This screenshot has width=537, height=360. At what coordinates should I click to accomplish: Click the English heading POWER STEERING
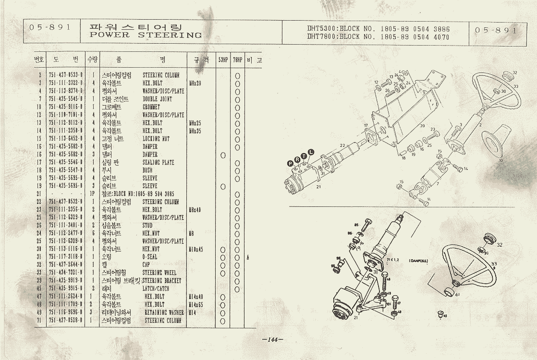(x=146, y=36)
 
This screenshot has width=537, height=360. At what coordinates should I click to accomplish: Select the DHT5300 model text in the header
(x=322, y=28)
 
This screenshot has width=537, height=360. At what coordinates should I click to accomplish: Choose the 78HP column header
(x=237, y=60)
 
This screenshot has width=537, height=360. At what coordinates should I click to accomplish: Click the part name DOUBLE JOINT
(x=157, y=99)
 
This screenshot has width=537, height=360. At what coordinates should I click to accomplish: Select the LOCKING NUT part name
(x=156, y=139)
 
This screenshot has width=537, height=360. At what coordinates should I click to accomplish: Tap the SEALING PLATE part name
(x=157, y=162)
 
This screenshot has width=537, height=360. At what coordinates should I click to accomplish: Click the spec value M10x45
(x=196, y=249)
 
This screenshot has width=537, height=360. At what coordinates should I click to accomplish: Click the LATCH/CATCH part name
(x=157, y=288)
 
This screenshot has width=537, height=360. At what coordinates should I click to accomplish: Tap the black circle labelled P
(x=290, y=164)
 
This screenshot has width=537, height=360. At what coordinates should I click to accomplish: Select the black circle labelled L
(x=310, y=152)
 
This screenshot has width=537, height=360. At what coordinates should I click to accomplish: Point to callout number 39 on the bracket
(x=422, y=125)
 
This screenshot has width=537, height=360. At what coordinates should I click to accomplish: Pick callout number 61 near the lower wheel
(x=458, y=294)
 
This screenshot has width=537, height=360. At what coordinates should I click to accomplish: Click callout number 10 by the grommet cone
(x=500, y=161)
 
